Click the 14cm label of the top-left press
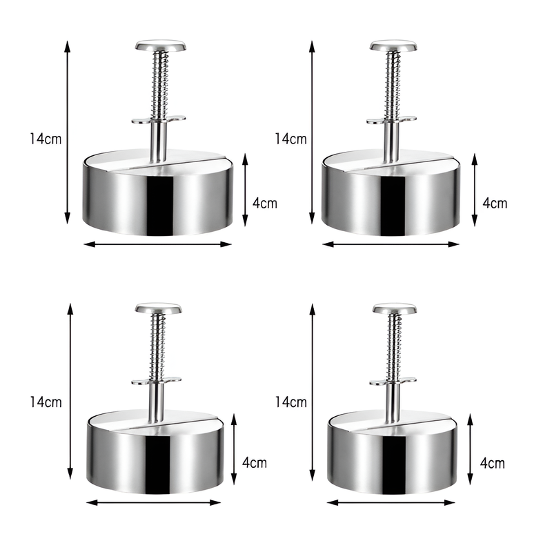click(46, 139)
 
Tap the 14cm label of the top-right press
click(290, 139)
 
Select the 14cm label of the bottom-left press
click(46, 402)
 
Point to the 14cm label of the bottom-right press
click(290, 402)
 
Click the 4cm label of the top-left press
click(265, 203)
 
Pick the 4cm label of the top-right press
click(495, 203)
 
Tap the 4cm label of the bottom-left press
click(255, 462)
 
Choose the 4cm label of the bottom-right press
click(493, 463)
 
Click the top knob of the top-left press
click(161, 46)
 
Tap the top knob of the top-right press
click(393, 46)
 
